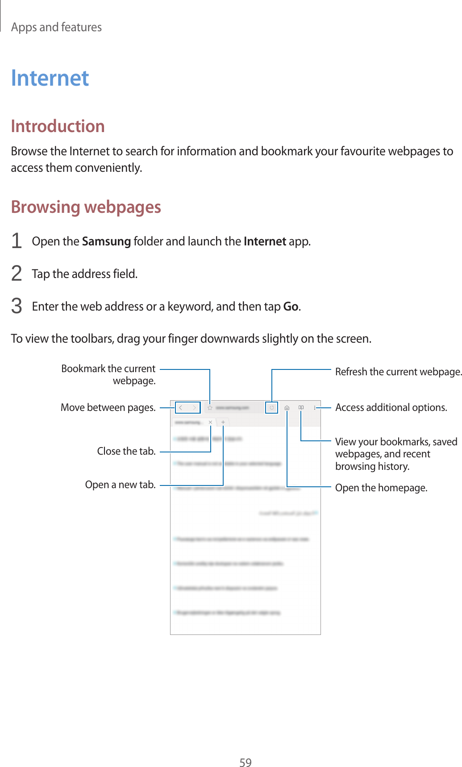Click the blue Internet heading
click(50, 78)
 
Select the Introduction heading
click(58, 126)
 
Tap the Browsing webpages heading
click(86, 207)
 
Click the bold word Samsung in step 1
click(106, 241)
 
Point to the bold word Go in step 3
click(291, 307)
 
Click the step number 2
click(17, 274)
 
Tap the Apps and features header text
click(56, 27)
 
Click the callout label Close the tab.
click(126, 451)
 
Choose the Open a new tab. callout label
click(120, 485)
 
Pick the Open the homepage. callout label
click(381, 488)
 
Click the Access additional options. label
click(391, 407)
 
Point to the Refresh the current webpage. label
click(398, 372)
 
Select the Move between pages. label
click(108, 407)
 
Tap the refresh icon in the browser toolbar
click(271, 407)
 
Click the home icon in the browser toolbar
click(287, 407)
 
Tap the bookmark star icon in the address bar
click(210, 407)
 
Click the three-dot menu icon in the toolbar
click(315, 407)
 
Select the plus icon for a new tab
click(223, 422)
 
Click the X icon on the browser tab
click(210, 422)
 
